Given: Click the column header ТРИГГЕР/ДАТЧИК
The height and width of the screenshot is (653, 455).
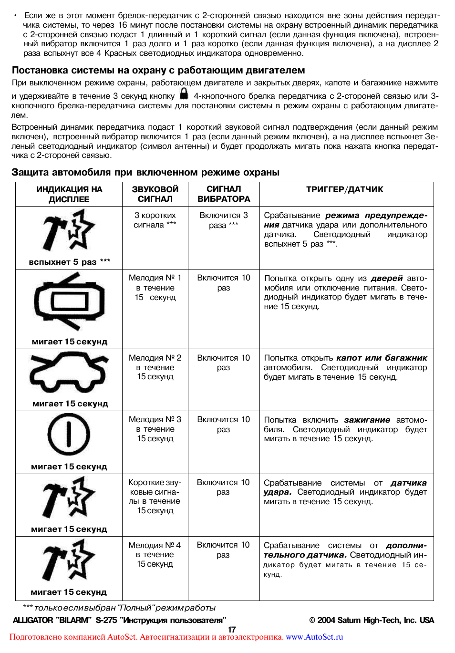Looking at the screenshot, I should click(x=344, y=189).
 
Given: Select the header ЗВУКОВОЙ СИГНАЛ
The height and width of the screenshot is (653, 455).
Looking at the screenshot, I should click(x=155, y=194).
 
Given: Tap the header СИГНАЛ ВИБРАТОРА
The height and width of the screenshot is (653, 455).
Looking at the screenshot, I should click(x=224, y=194).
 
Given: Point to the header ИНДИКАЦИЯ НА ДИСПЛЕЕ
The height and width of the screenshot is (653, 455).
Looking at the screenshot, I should click(x=69, y=194).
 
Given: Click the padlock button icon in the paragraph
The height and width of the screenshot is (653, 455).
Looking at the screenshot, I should click(x=184, y=94).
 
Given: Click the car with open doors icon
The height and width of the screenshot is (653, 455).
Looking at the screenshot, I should click(x=69, y=301).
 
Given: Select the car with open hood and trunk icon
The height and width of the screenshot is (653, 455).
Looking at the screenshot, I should click(x=69, y=372).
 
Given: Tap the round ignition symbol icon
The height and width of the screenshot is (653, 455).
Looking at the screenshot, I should click(x=69, y=435).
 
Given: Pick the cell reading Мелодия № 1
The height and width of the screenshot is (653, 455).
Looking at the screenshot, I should click(x=155, y=287).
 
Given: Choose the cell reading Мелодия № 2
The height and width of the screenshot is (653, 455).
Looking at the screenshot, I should click(x=155, y=367).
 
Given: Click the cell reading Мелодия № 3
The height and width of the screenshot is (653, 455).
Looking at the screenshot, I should click(x=155, y=429).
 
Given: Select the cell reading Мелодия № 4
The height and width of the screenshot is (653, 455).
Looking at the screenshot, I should click(x=155, y=554).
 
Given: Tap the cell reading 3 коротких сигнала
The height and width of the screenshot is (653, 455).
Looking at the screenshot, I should click(x=155, y=220).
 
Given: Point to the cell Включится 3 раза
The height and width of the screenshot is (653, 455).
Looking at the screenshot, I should click(x=224, y=220).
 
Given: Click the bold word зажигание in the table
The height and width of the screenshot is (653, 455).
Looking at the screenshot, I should click(x=367, y=420).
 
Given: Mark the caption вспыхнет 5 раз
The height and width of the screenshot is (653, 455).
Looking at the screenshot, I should click(x=69, y=261).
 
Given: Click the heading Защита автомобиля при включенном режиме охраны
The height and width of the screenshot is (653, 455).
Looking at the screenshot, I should click(x=145, y=172).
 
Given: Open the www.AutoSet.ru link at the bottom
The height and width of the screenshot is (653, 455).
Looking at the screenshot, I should click(x=314, y=637).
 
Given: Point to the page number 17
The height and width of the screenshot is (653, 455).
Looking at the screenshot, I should click(x=232, y=629).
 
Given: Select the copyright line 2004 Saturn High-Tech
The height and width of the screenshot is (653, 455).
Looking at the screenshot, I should click(x=372, y=620).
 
